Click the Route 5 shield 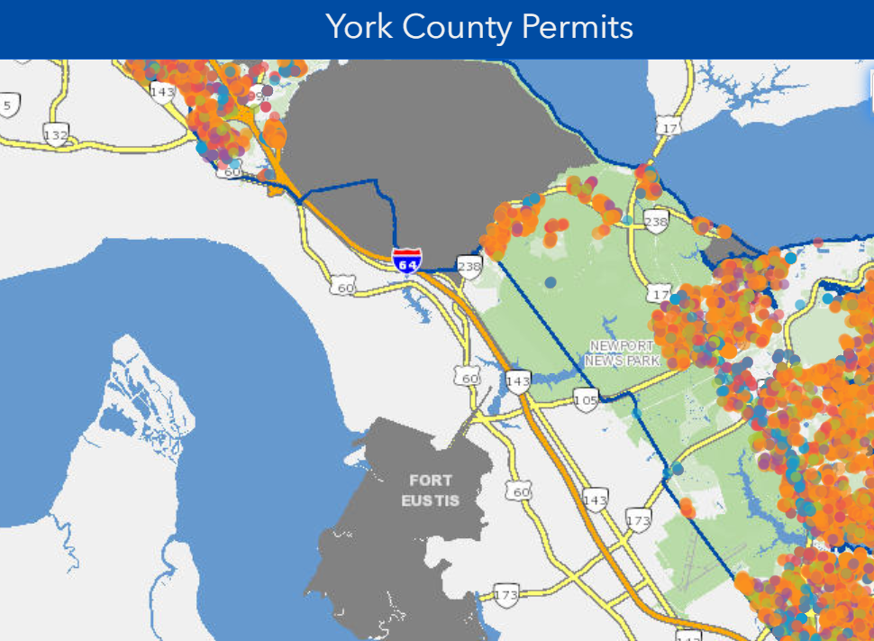[x=8, y=105]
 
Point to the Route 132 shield [x=56, y=135]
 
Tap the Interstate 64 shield [x=406, y=261]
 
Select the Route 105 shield [x=586, y=398]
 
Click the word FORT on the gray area [x=430, y=480]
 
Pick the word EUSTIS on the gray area [x=430, y=500]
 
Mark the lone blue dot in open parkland [x=551, y=283]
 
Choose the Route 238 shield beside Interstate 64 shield [x=469, y=266]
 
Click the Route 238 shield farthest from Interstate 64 [x=656, y=221]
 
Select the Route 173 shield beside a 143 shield [x=638, y=520]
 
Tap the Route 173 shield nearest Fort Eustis [x=506, y=595]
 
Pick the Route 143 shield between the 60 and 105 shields [x=518, y=380]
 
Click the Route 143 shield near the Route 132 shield [x=162, y=91]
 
